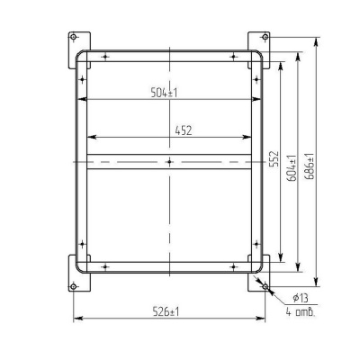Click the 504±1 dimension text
(164, 93)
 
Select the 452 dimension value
(184, 130)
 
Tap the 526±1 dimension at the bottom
(166, 312)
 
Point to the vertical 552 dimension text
(274, 158)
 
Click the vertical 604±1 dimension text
(292, 168)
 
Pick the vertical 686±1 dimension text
(310, 166)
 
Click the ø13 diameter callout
(301, 298)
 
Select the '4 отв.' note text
(301, 312)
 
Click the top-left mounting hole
(73, 37)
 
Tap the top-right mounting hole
(265, 37)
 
